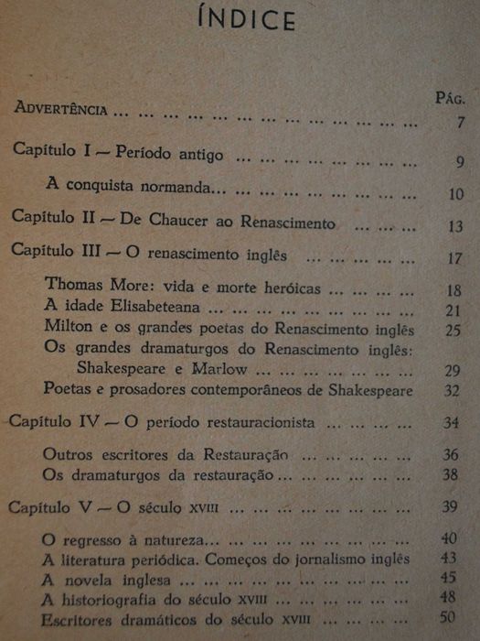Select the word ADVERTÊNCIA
click(61, 109)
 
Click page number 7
click(461, 123)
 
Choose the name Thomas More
click(89, 287)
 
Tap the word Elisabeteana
click(150, 307)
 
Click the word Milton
click(66, 327)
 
